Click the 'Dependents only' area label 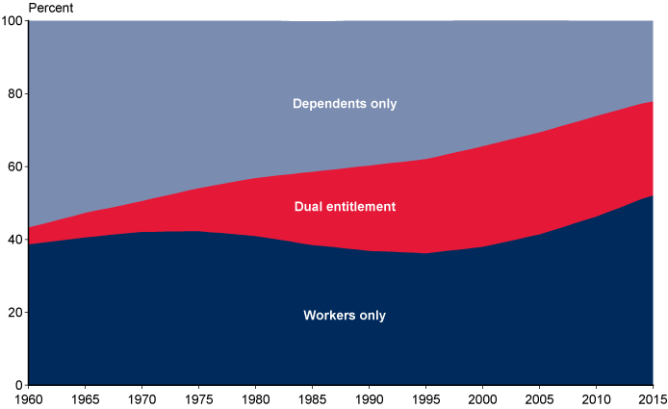pos(345,104)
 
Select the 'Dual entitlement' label pos(345,207)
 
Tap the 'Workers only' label pos(345,316)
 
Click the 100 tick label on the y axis pos(14,21)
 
